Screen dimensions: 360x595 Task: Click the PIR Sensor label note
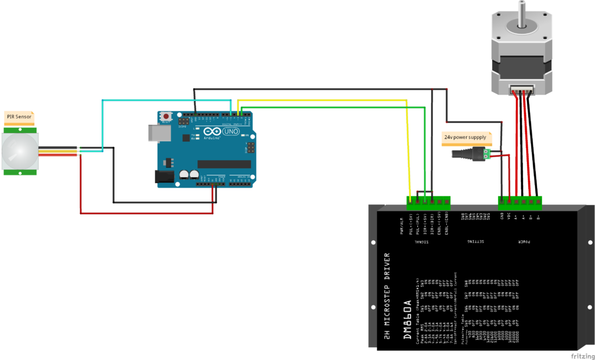pos(19,117)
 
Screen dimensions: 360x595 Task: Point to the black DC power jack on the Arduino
pos(164,177)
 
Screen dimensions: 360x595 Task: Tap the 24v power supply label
pos(465,138)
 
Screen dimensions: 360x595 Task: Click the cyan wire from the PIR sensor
pos(103,125)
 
